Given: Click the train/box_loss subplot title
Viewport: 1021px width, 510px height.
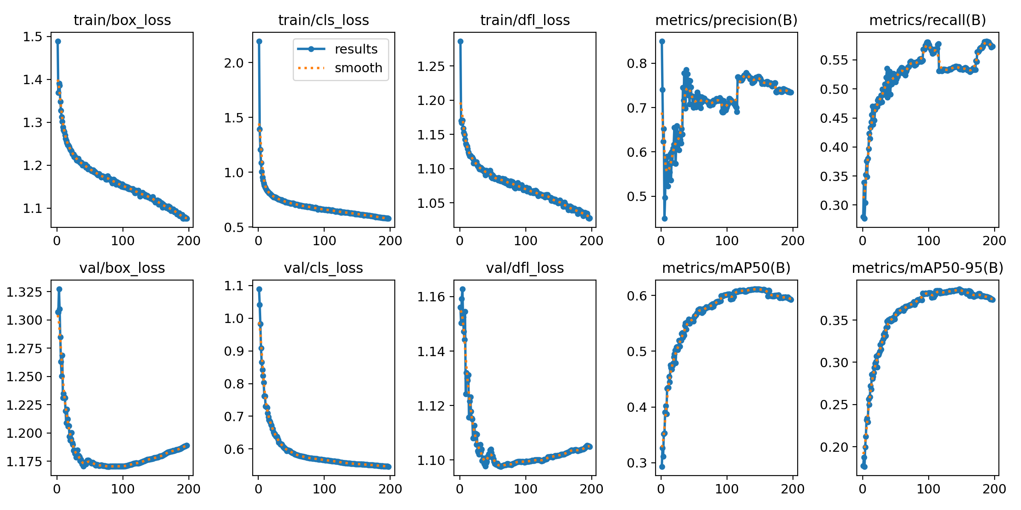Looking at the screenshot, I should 122,20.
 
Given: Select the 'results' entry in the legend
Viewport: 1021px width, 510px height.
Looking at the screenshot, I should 356,49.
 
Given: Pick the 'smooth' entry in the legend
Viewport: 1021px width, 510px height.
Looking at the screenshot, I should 358,68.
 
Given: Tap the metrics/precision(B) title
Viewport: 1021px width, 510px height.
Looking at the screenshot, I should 726,20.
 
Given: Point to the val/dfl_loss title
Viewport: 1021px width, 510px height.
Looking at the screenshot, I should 525,268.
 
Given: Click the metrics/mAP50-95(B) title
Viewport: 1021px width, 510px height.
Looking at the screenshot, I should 927,268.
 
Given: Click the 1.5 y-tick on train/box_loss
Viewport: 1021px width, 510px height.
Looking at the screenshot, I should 33,37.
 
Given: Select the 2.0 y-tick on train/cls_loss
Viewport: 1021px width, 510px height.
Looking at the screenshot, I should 234,63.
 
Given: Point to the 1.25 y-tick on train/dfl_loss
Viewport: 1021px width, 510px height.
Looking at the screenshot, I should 431,66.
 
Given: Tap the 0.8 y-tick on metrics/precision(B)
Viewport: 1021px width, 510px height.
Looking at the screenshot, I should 637,63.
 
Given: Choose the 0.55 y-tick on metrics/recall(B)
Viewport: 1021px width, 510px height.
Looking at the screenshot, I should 834,60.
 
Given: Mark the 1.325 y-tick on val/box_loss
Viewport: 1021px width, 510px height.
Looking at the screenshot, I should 25,292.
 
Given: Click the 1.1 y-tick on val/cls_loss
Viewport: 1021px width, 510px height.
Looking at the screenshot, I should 234,286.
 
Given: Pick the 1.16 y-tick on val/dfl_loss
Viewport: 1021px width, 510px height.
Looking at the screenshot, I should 431,297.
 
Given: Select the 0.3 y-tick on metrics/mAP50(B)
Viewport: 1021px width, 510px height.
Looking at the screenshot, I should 637,463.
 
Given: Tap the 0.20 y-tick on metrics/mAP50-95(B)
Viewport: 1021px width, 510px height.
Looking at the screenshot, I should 834,447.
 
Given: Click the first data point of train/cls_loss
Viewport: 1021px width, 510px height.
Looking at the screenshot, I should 259,41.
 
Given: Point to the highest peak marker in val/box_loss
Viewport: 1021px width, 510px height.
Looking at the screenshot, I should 59,289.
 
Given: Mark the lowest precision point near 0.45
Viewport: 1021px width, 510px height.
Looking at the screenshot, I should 665,218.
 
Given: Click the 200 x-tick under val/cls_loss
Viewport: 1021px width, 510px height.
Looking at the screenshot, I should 390,489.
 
